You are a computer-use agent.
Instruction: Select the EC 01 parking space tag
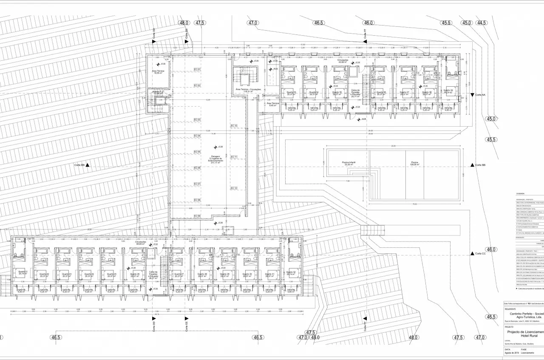pyautogui.click(x=197, y=69)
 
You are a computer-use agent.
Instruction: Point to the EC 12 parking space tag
pyautogui.click(x=234, y=188)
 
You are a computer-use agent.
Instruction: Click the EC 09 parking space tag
pyautogui.click(x=197, y=216)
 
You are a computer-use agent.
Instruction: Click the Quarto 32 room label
pyautogui.click(x=291, y=273)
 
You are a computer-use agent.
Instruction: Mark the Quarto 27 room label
pyautogui.click(x=179, y=275)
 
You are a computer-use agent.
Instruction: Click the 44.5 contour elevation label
pyautogui.click(x=482, y=23)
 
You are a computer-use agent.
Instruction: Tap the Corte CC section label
pyautogui.click(x=480, y=254)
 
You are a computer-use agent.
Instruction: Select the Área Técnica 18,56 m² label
pyautogui.click(x=159, y=72)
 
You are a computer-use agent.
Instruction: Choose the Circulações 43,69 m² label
pyautogui.click(x=343, y=62)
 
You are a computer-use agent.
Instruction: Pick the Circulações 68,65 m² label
pyautogui.click(x=142, y=243)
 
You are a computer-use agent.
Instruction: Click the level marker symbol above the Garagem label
pyautogui.click(x=216, y=147)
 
